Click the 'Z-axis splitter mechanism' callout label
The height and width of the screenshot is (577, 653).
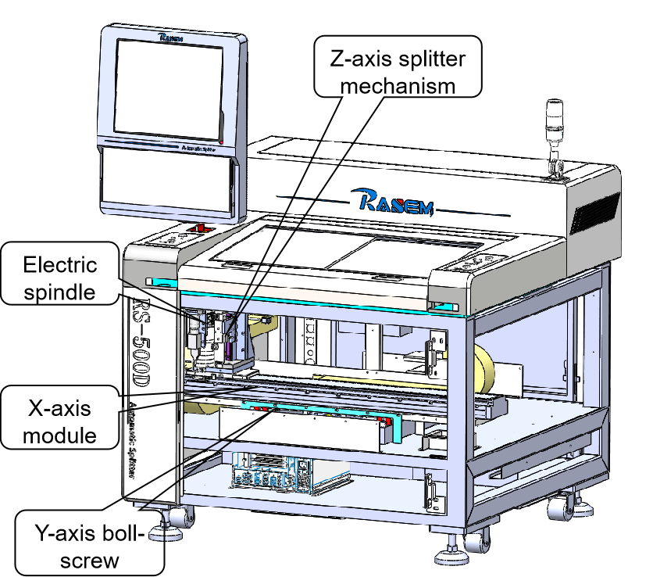coord(396,67)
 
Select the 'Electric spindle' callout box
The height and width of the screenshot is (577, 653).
coord(61,278)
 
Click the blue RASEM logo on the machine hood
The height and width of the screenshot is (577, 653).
coord(398,200)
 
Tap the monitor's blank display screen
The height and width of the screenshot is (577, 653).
coord(169,86)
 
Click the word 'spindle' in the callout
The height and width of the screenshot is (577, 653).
coord(61,292)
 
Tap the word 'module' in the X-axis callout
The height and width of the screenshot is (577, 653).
coord(59,435)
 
